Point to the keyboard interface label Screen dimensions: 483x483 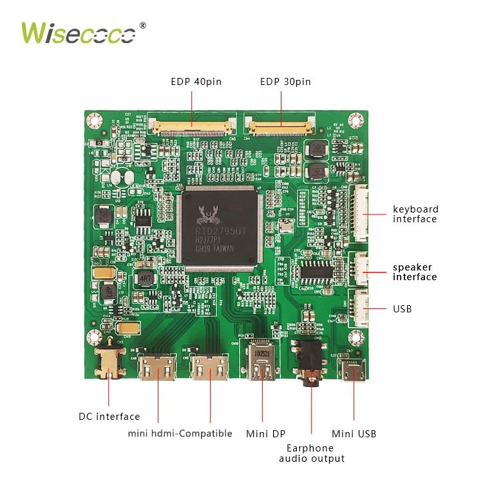tap(415, 214)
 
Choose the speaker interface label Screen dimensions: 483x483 tap(415, 272)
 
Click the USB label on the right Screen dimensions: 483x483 tap(402, 309)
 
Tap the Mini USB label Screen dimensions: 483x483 tap(354, 433)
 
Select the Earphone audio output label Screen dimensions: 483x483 tap(312, 453)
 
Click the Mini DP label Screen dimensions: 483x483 tap(265, 433)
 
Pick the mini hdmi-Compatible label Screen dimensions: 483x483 tap(180, 433)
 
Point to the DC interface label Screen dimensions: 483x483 tap(109, 417)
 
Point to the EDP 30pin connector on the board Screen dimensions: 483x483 tap(281, 124)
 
